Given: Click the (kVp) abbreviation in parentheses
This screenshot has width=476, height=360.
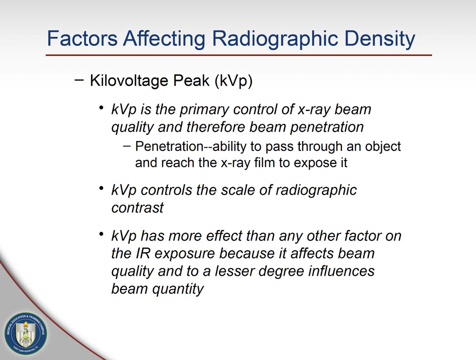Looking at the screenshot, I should (x=233, y=80).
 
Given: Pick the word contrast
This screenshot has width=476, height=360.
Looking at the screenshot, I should (x=137, y=208).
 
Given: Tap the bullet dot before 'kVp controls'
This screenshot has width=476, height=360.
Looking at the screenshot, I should (x=101, y=189).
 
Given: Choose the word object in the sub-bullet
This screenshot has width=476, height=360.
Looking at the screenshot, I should (x=379, y=146).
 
